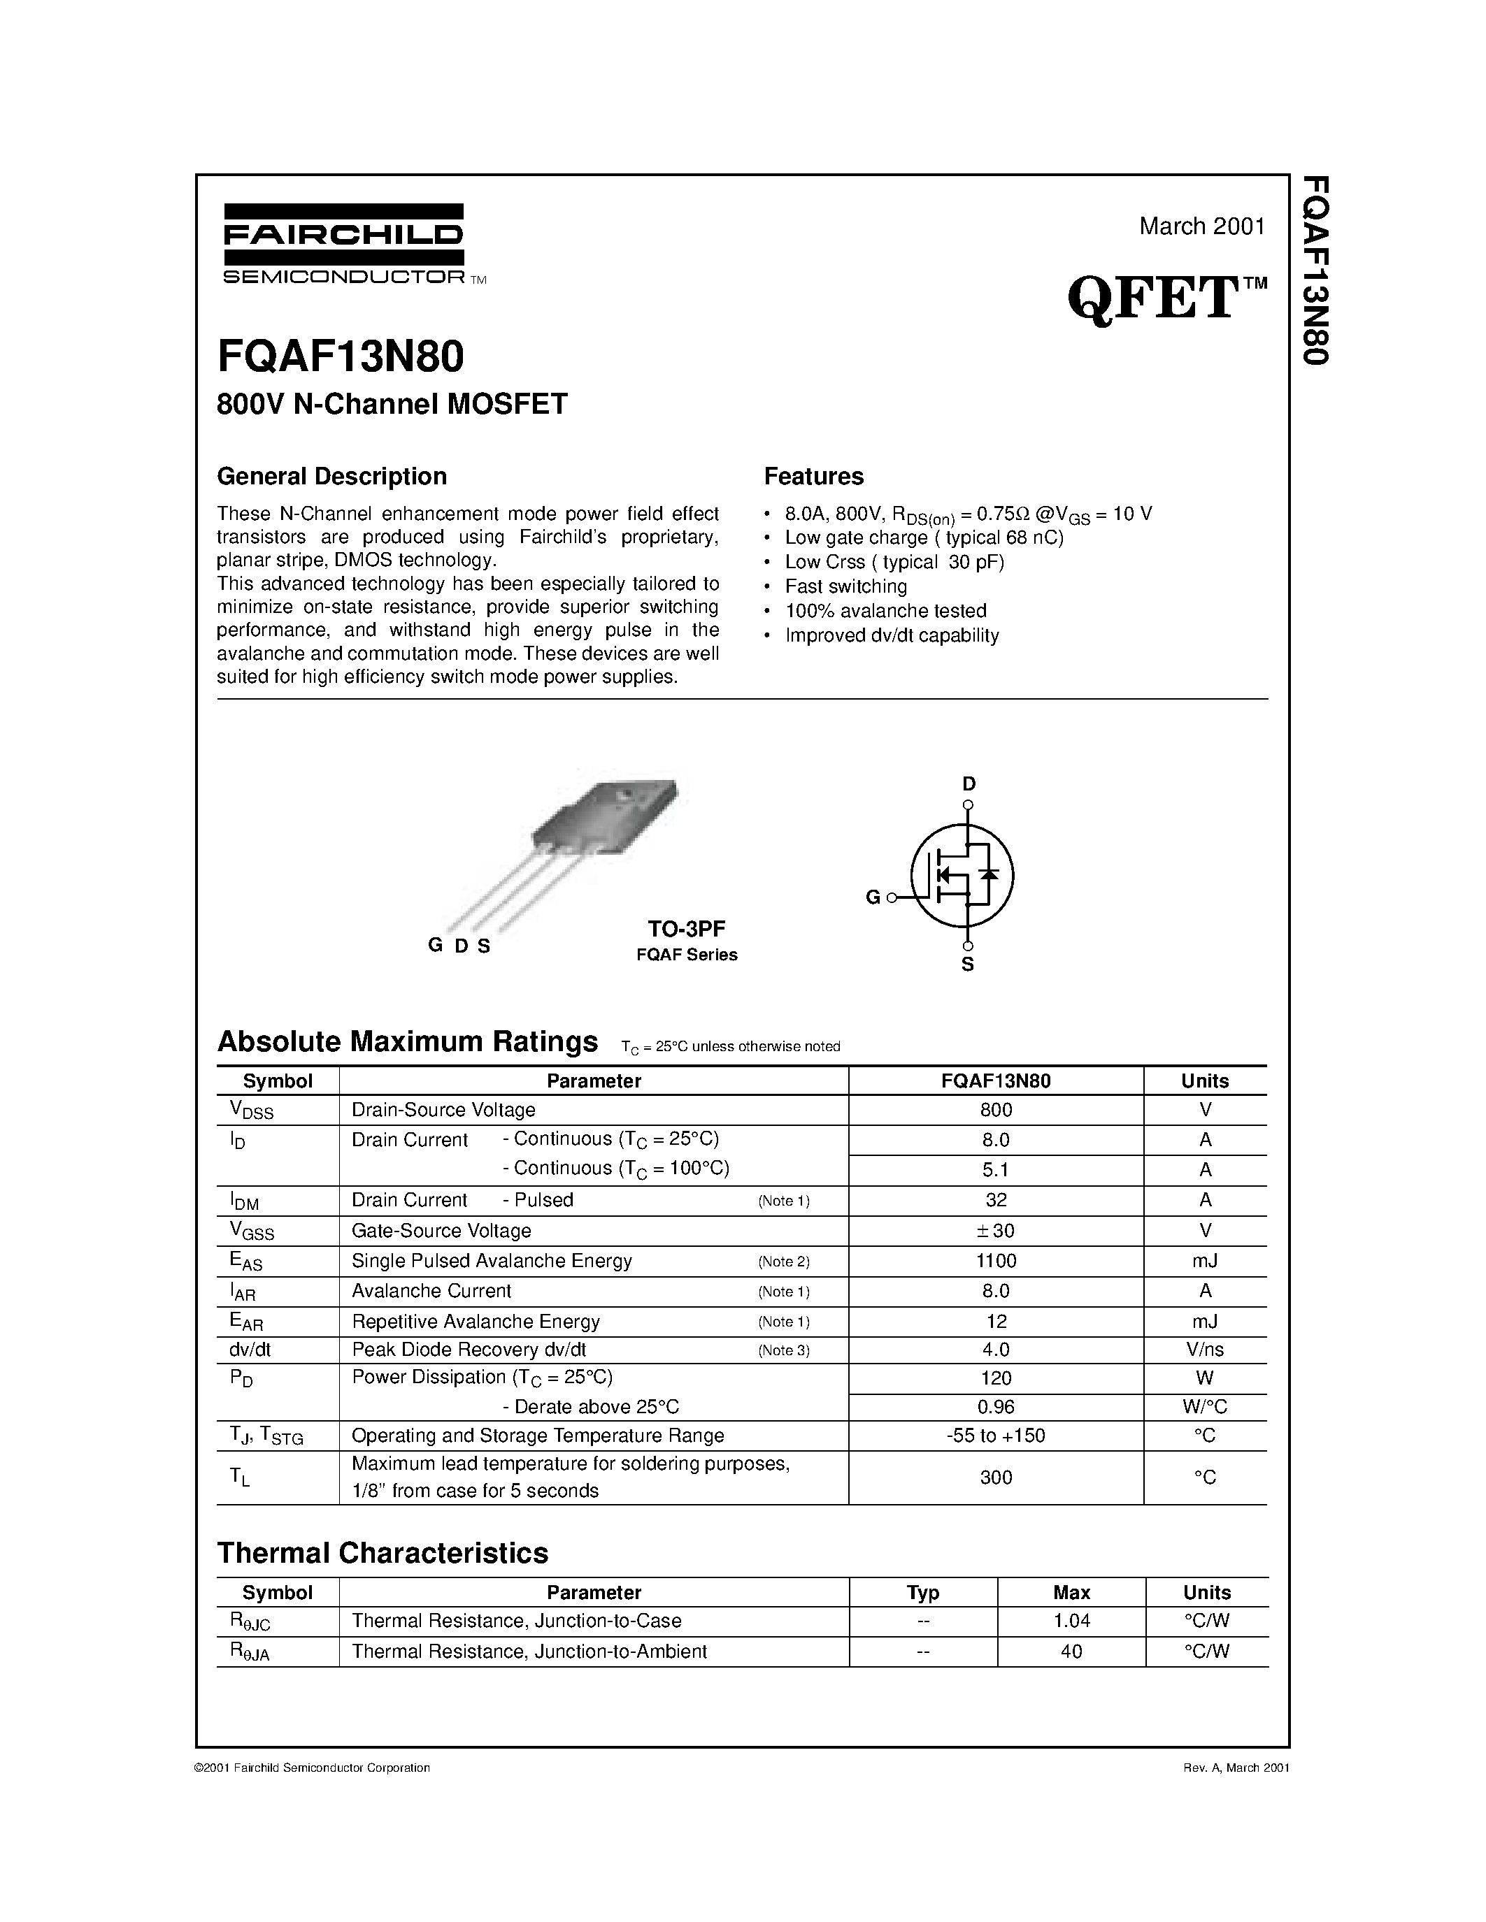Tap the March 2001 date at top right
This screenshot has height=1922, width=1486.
pos(1201,226)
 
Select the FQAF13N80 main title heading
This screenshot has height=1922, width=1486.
pos(340,357)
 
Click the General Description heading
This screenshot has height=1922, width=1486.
pos(332,476)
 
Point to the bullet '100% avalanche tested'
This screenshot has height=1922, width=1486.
pos(885,611)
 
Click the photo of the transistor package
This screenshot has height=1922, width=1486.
pos(581,845)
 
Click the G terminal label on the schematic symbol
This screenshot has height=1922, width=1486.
pos(873,897)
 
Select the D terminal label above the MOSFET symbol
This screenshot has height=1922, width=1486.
pos(969,783)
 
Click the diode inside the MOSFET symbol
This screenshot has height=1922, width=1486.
pos(990,875)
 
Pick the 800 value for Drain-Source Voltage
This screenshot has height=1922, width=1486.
pos(996,1110)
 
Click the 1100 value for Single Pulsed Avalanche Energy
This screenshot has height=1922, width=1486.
pos(996,1261)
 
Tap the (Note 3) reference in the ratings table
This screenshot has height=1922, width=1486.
pos(783,1351)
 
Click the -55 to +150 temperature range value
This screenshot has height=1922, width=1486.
pos(996,1436)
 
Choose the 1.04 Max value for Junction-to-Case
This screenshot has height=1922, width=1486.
pos(1071,1620)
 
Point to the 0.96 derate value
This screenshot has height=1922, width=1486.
pos(996,1406)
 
